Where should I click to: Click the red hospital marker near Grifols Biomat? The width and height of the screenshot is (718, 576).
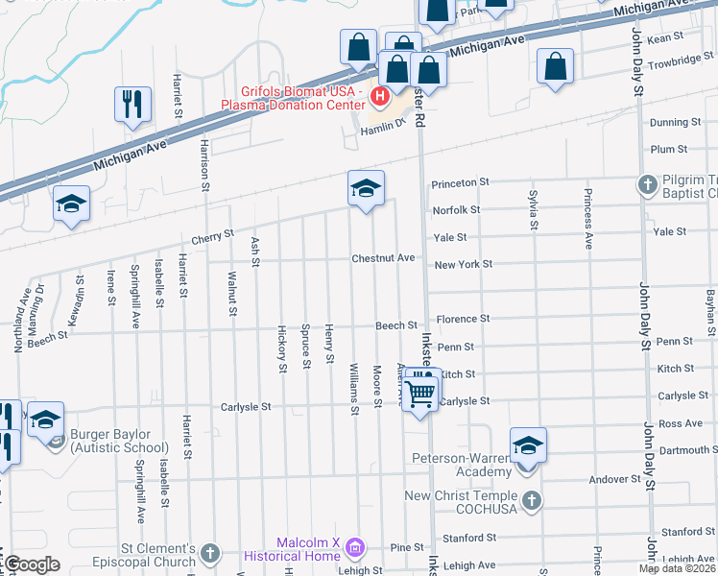coord(380,97)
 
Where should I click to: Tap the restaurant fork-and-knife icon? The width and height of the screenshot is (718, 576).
coord(132,104)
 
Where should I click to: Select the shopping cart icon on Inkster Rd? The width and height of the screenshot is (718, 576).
coord(419,392)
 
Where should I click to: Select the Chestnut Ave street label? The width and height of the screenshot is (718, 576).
coord(383,258)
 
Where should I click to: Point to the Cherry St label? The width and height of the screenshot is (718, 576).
coord(212,235)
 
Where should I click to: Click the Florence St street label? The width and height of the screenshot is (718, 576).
coord(463,319)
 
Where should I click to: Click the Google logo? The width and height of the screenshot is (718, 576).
coord(31,564)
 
